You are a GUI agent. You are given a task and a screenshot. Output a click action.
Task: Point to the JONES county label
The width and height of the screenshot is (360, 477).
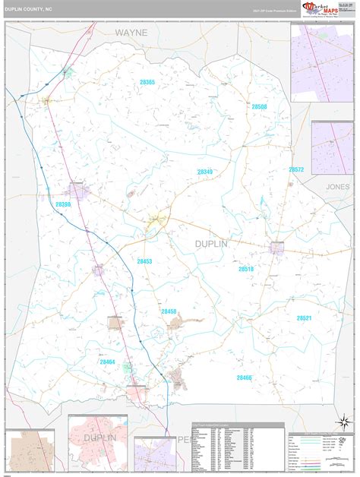tap(339, 186)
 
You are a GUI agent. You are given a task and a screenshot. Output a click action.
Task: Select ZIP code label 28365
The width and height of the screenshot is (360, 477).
tap(147, 82)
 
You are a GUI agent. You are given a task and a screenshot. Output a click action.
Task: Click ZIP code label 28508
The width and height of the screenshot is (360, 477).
tap(259, 107)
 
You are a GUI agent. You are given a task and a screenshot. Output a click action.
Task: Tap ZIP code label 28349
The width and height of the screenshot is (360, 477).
tap(205, 172)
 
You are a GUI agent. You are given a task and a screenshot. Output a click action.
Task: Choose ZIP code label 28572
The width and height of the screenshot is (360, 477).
tap(296, 169)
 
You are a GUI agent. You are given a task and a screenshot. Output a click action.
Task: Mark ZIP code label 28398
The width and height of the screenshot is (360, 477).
tap(63, 204)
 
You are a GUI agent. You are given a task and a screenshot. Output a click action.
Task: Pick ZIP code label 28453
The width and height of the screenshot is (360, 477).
tap(144, 261)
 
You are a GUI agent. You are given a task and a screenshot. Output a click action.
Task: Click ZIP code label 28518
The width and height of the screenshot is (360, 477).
tap(245, 269)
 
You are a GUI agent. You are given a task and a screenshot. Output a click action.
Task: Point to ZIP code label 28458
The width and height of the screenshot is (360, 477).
tap(169, 311)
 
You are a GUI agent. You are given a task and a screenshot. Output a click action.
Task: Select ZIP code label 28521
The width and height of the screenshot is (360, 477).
tap(304, 317)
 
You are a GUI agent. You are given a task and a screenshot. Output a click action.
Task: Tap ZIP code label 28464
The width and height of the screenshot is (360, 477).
tap(107, 362)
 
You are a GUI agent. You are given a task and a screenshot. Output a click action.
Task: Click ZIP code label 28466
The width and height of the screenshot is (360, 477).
tap(244, 377)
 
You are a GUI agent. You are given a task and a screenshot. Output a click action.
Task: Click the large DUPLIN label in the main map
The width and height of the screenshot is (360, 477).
tap(201, 242)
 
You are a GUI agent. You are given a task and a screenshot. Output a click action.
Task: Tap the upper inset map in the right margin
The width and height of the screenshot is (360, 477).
tap(321, 52)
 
